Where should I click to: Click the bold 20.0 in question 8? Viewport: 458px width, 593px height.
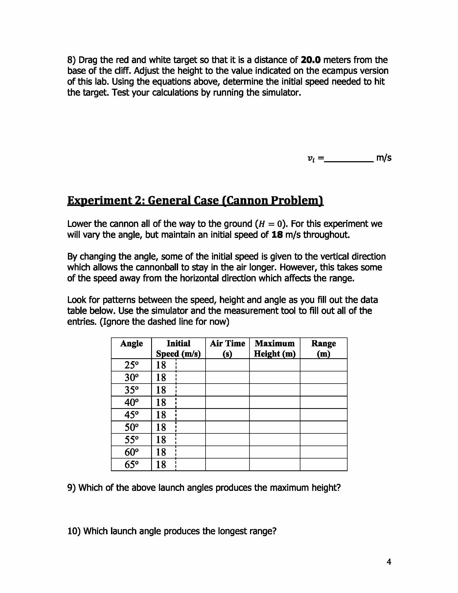point(311,60)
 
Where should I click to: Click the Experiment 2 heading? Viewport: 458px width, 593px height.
point(195,201)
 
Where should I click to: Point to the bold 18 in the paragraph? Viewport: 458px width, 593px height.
point(277,235)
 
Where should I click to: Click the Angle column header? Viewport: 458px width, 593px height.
point(131,344)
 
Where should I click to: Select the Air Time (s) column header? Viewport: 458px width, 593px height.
point(227,349)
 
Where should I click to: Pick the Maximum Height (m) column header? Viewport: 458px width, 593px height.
point(275,349)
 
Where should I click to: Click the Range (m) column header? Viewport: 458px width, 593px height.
point(323,349)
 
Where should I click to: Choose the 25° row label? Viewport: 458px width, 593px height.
point(131,365)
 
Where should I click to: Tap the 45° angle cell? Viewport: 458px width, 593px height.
point(131,415)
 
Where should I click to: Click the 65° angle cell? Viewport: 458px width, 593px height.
point(131,465)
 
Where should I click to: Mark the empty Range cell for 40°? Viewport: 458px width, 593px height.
point(323,402)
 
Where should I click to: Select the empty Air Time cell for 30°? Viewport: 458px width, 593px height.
point(227,378)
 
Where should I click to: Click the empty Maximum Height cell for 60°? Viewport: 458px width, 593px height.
point(275,452)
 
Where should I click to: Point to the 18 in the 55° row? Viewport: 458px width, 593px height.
point(161,440)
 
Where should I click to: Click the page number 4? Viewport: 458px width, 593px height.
point(389,562)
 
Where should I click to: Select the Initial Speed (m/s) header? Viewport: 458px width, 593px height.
point(178,349)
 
